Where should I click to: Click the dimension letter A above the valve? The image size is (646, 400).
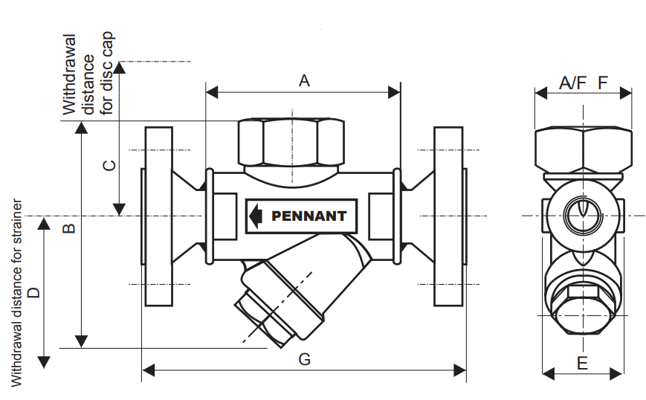pos(303,80)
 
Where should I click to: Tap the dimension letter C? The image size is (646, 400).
pos(109,165)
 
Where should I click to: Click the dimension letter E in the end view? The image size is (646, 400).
pos(582,363)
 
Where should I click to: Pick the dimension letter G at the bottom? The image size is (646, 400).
pos(304,359)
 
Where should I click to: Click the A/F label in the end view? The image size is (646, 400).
pos(572,83)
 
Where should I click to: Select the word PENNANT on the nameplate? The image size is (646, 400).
pos(309,216)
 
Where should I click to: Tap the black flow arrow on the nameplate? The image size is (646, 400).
pos(256,216)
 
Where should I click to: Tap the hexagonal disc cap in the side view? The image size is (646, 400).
pos(291,141)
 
